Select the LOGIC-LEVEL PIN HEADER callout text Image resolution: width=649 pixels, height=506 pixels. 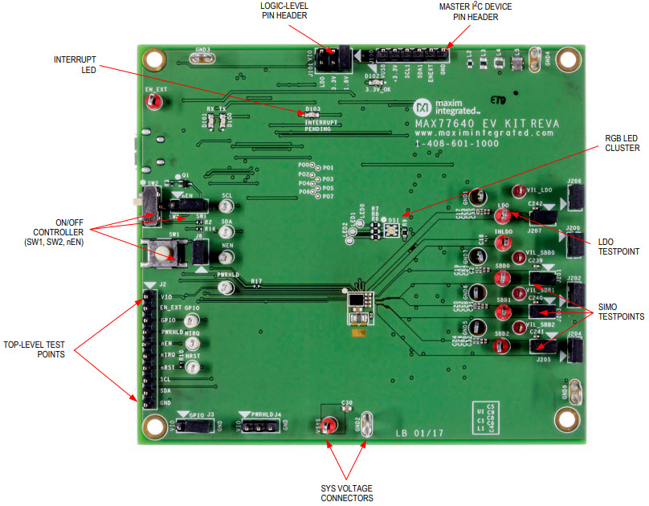click(286, 12)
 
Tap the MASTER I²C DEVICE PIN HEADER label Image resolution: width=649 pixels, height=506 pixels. click(475, 12)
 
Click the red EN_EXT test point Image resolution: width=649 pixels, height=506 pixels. click(158, 103)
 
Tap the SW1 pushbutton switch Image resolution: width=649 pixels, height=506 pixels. click(165, 255)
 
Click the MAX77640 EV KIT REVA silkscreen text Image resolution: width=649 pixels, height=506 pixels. click(487, 124)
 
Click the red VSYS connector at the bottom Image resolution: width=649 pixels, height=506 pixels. click(328, 426)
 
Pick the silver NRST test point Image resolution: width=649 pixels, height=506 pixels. click(192, 368)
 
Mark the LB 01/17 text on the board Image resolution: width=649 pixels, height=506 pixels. click(419, 434)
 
